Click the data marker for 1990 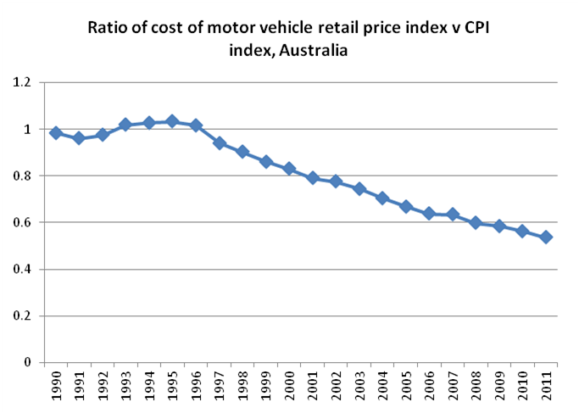[x=56, y=133]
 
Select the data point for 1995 [x=173, y=121]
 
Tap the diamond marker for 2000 [x=290, y=168]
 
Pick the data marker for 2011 [x=547, y=237]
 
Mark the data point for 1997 [x=220, y=142]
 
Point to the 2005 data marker [x=407, y=206]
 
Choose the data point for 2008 [x=476, y=222]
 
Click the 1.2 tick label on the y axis [x=21, y=83]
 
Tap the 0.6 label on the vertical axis [x=21, y=223]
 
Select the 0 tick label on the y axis [x=26, y=363]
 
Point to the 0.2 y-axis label [x=21, y=316]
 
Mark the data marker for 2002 [x=337, y=181]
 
